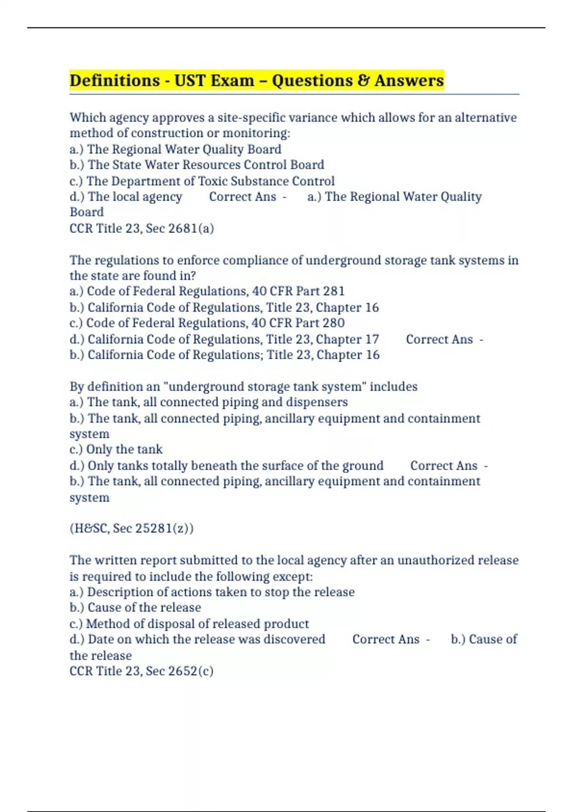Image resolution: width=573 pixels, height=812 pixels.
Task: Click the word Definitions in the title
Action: click(115, 80)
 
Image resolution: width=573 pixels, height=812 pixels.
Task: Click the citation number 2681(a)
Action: click(191, 228)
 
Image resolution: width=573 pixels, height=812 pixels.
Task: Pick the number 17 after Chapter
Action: click(371, 339)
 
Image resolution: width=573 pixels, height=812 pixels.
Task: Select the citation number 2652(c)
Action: click(191, 671)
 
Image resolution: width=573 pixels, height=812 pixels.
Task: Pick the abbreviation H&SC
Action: click(89, 528)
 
